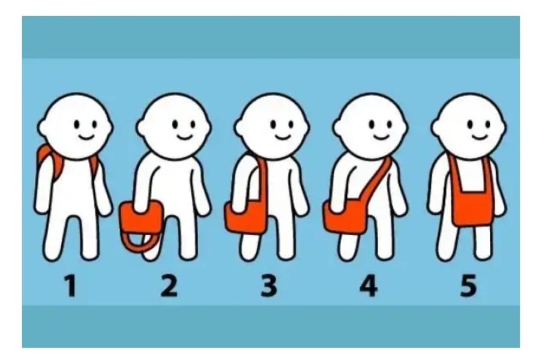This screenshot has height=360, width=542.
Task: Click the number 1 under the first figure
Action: (x=70, y=286)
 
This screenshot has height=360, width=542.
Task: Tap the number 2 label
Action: (x=169, y=286)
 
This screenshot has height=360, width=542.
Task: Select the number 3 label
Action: (x=269, y=286)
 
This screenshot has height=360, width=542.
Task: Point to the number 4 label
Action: (x=369, y=286)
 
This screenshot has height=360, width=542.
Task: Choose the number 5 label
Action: (x=468, y=286)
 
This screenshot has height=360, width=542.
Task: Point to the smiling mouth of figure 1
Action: (x=86, y=137)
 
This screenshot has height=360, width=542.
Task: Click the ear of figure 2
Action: (x=141, y=127)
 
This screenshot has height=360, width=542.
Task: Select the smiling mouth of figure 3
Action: (x=282, y=137)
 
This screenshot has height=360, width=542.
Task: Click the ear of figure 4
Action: (x=338, y=127)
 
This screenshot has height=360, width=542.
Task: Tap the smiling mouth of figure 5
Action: (x=480, y=137)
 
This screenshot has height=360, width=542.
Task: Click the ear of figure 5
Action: (x=436, y=127)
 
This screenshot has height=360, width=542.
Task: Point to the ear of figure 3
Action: (x=239, y=127)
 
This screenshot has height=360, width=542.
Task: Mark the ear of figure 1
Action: (x=43, y=127)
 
